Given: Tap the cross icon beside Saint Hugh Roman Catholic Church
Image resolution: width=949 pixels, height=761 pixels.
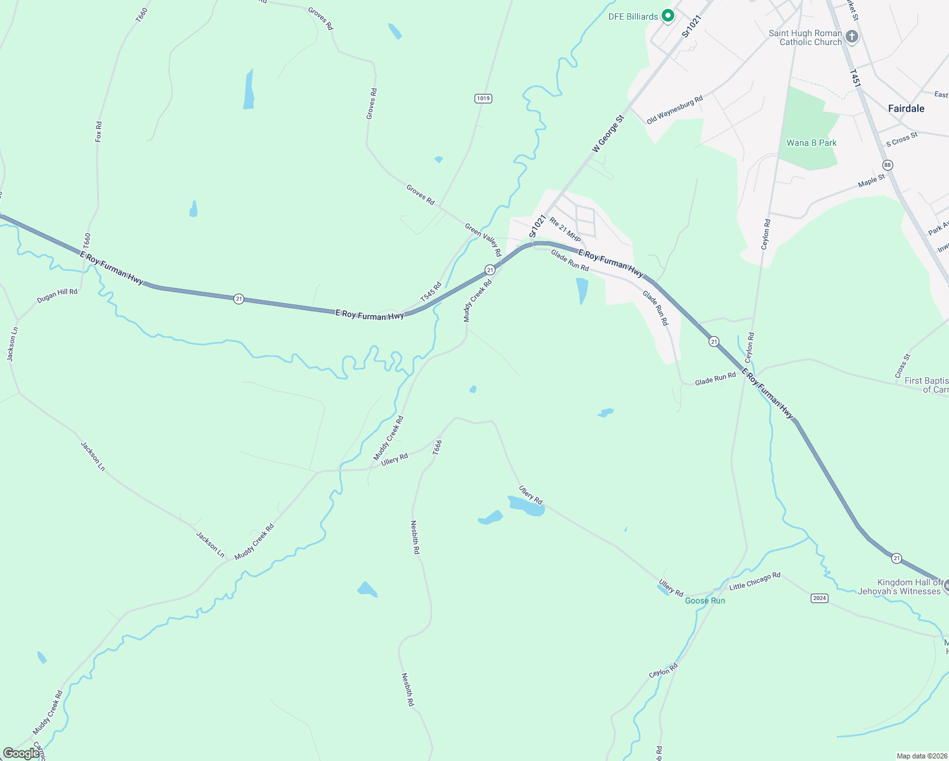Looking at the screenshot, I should (852, 37).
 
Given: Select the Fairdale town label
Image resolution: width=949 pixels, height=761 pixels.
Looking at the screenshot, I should (906, 108).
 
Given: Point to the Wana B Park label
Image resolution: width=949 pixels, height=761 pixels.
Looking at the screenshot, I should (811, 143).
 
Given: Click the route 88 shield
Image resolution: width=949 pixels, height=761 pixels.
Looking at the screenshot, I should (887, 165).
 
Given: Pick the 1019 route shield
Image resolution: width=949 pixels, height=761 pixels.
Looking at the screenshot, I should (483, 98).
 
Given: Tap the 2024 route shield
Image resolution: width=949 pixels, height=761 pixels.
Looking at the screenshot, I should (820, 598).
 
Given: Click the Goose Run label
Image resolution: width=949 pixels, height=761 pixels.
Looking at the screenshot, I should (705, 601).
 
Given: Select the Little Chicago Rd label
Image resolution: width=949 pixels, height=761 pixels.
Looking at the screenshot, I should (755, 582).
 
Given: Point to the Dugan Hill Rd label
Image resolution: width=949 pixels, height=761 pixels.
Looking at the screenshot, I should (57, 295).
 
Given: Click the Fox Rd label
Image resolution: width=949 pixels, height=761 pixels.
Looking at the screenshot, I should (98, 132).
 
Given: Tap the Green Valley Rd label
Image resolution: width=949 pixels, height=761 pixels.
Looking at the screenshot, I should (483, 240).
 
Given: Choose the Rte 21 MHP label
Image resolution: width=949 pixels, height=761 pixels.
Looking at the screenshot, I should (565, 230).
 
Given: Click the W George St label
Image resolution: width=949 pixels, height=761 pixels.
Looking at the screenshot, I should (608, 133).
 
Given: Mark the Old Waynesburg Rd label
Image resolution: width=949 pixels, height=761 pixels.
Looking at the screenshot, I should (674, 110).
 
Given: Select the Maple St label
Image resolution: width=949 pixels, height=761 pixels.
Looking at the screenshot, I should (871, 181).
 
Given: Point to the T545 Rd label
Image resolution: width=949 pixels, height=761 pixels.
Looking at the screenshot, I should (431, 292).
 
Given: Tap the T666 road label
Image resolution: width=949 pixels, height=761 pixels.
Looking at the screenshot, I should (437, 447).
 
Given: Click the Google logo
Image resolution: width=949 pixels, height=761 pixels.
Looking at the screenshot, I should (21, 753).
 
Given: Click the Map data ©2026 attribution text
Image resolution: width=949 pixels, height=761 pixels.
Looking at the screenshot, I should (920, 756).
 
